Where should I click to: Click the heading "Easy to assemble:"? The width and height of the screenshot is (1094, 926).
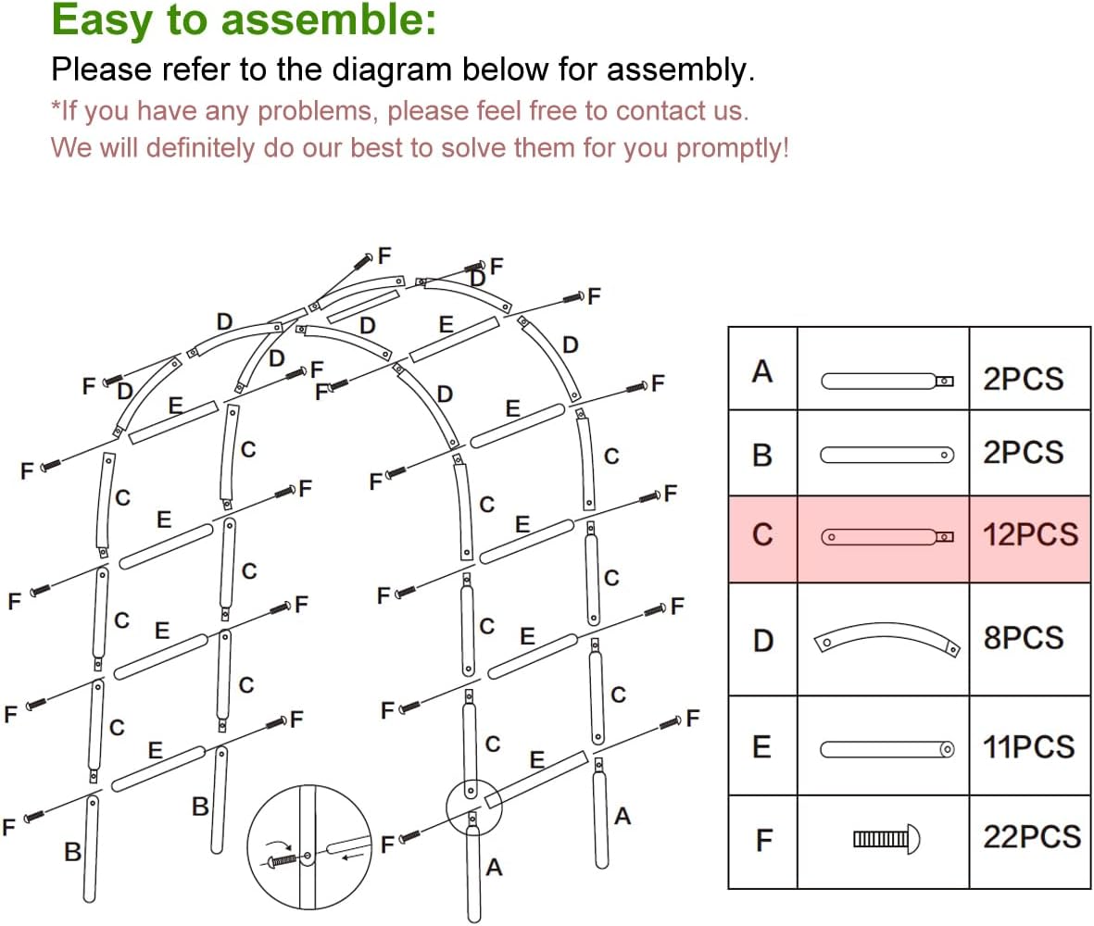point(243,20)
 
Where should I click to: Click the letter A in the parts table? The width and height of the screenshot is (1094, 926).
point(761,371)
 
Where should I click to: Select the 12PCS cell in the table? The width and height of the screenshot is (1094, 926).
point(1030,535)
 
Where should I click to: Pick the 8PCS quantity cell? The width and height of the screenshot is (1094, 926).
point(1023,638)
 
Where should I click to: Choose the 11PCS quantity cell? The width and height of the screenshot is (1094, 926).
point(1028,746)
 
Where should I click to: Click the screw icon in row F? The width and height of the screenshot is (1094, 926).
point(887,839)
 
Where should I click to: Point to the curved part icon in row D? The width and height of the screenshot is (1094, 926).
point(885,639)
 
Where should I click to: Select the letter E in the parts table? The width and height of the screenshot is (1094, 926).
point(761,747)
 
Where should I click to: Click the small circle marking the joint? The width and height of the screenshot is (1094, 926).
point(473,806)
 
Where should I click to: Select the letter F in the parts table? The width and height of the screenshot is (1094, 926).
point(763,840)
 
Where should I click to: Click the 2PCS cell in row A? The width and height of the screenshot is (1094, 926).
point(1023,379)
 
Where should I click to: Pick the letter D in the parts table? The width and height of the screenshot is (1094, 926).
point(761,640)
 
